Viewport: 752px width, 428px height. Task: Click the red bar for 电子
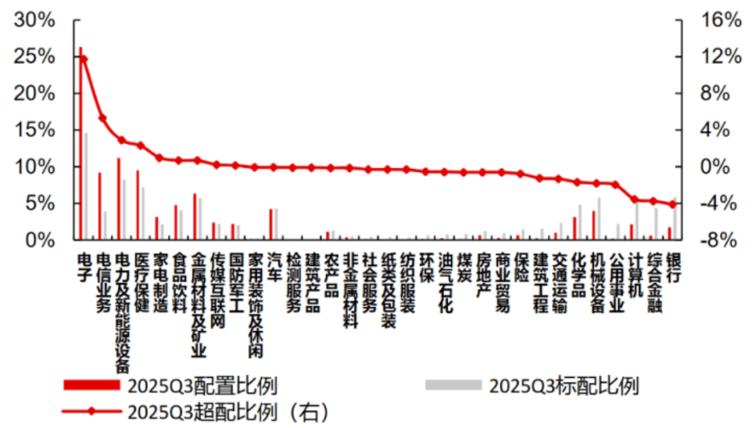[81, 143]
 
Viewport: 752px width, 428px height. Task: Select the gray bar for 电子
[86, 187]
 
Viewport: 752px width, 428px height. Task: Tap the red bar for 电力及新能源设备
[119, 199]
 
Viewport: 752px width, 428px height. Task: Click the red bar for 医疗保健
[138, 205]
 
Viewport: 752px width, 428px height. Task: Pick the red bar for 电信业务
[100, 206]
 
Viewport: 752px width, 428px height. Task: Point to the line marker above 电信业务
[102, 118]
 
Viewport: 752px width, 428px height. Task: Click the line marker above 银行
[672, 204]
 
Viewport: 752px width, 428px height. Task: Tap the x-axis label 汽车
[274, 267]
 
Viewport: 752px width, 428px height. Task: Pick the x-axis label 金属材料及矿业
[198, 305]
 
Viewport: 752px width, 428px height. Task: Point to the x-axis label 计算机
[634, 276]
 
